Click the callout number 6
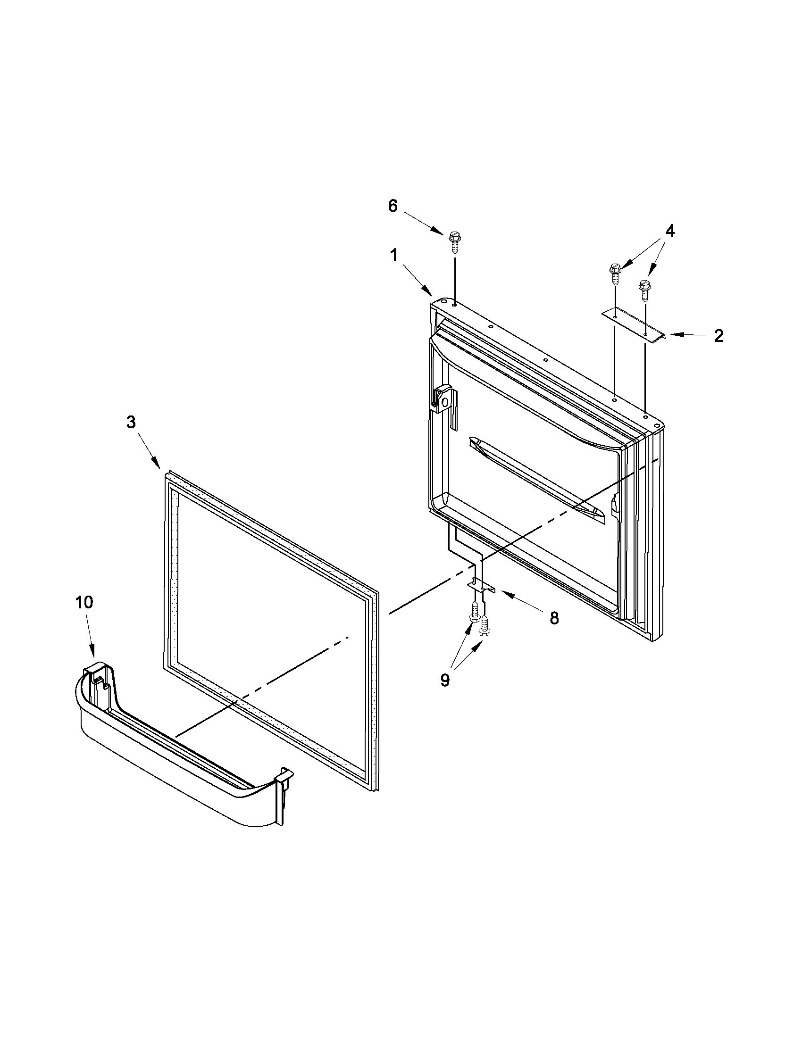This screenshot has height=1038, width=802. tap(392, 207)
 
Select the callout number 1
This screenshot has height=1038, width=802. tap(393, 256)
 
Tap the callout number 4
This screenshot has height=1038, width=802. tap(669, 231)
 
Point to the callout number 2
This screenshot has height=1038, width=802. tap(718, 336)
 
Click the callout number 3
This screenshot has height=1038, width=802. tap(131, 422)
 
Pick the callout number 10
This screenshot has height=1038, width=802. tap(84, 603)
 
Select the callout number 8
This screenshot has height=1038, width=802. tap(554, 618)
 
